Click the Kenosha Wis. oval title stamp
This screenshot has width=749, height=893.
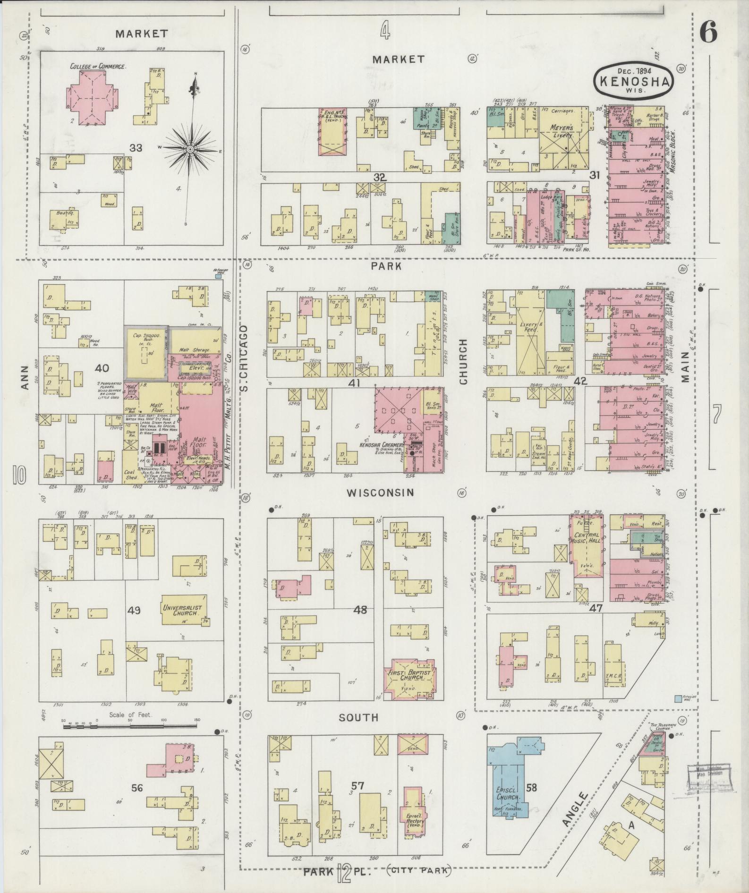click(x=633, y=81)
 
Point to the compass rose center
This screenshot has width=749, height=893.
click(x=189, y=149)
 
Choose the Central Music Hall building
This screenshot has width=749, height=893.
click(x=587, y=546)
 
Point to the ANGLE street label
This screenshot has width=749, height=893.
click(x=575, y=809)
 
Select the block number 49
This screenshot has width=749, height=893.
click(x=134, y=610)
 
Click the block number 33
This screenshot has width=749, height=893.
click(x=136, y=148)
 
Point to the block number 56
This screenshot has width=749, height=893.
click(x=137, y=788)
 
